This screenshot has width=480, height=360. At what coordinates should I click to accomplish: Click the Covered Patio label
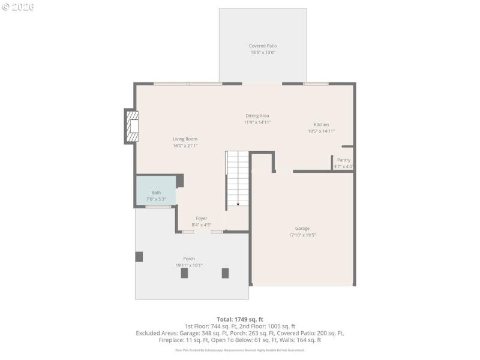(263, 46)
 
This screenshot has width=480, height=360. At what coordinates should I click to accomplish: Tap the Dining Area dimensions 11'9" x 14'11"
(257, 122)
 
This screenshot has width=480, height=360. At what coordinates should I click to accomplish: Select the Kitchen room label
(321, 124)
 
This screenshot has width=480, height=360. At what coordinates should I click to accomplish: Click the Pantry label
(343, 160)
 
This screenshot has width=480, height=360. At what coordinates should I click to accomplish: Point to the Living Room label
(185, 139)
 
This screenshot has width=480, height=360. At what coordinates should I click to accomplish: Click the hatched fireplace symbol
(131, 127)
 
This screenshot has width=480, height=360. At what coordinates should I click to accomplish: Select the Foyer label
(201, 218)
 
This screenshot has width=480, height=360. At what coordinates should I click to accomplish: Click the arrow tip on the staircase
(238, 205)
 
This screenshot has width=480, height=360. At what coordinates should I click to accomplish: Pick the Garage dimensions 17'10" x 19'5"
(302, 235)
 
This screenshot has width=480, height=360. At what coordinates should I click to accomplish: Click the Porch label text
(189, 259)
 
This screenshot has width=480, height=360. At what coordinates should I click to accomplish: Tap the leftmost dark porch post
(139, 257)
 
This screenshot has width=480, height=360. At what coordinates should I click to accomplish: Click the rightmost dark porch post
(225, 273)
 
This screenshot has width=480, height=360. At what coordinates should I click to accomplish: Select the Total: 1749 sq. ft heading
(240, 319)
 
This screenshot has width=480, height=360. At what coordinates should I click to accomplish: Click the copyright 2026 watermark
(18, 7)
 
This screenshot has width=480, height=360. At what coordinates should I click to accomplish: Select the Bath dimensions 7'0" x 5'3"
(155, 199)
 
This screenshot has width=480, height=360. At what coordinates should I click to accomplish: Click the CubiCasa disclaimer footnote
(240, 350)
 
